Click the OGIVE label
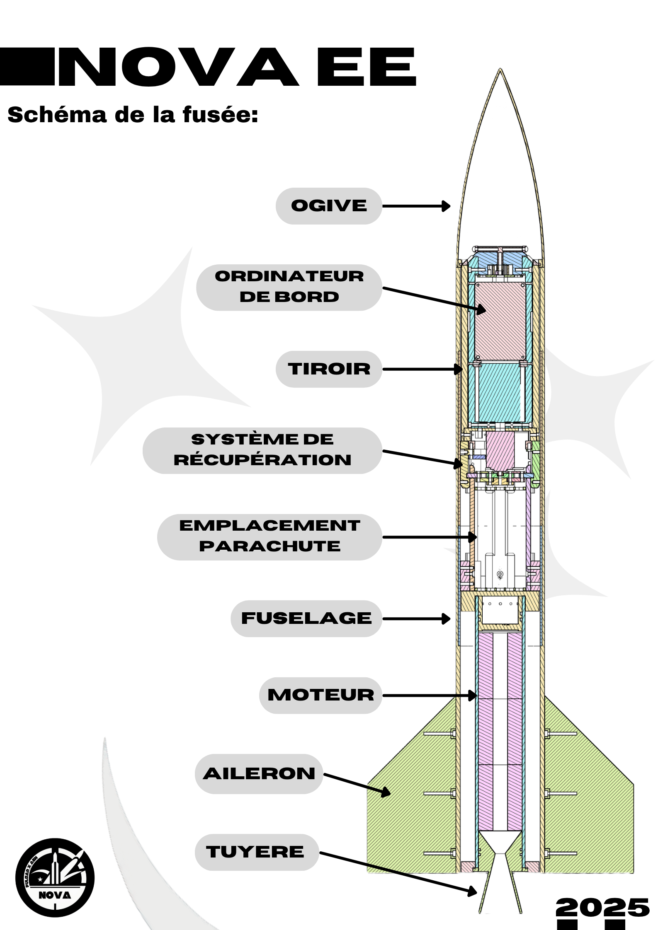(329, 206)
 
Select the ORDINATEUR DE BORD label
(289, 287)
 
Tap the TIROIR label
(329, 369)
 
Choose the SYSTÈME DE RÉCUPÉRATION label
(262, 450)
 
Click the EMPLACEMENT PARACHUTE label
(270, 537)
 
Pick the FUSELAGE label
(306, 618)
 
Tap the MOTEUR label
(321, 696)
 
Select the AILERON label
(259, 774)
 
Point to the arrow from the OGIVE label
(416, 206)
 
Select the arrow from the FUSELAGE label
(416, 619)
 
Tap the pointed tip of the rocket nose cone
(500, 69)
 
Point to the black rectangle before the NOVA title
(27, 66)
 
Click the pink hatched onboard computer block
(500, 321)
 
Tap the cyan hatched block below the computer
(500, 393)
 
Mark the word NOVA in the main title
(178, 67)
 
